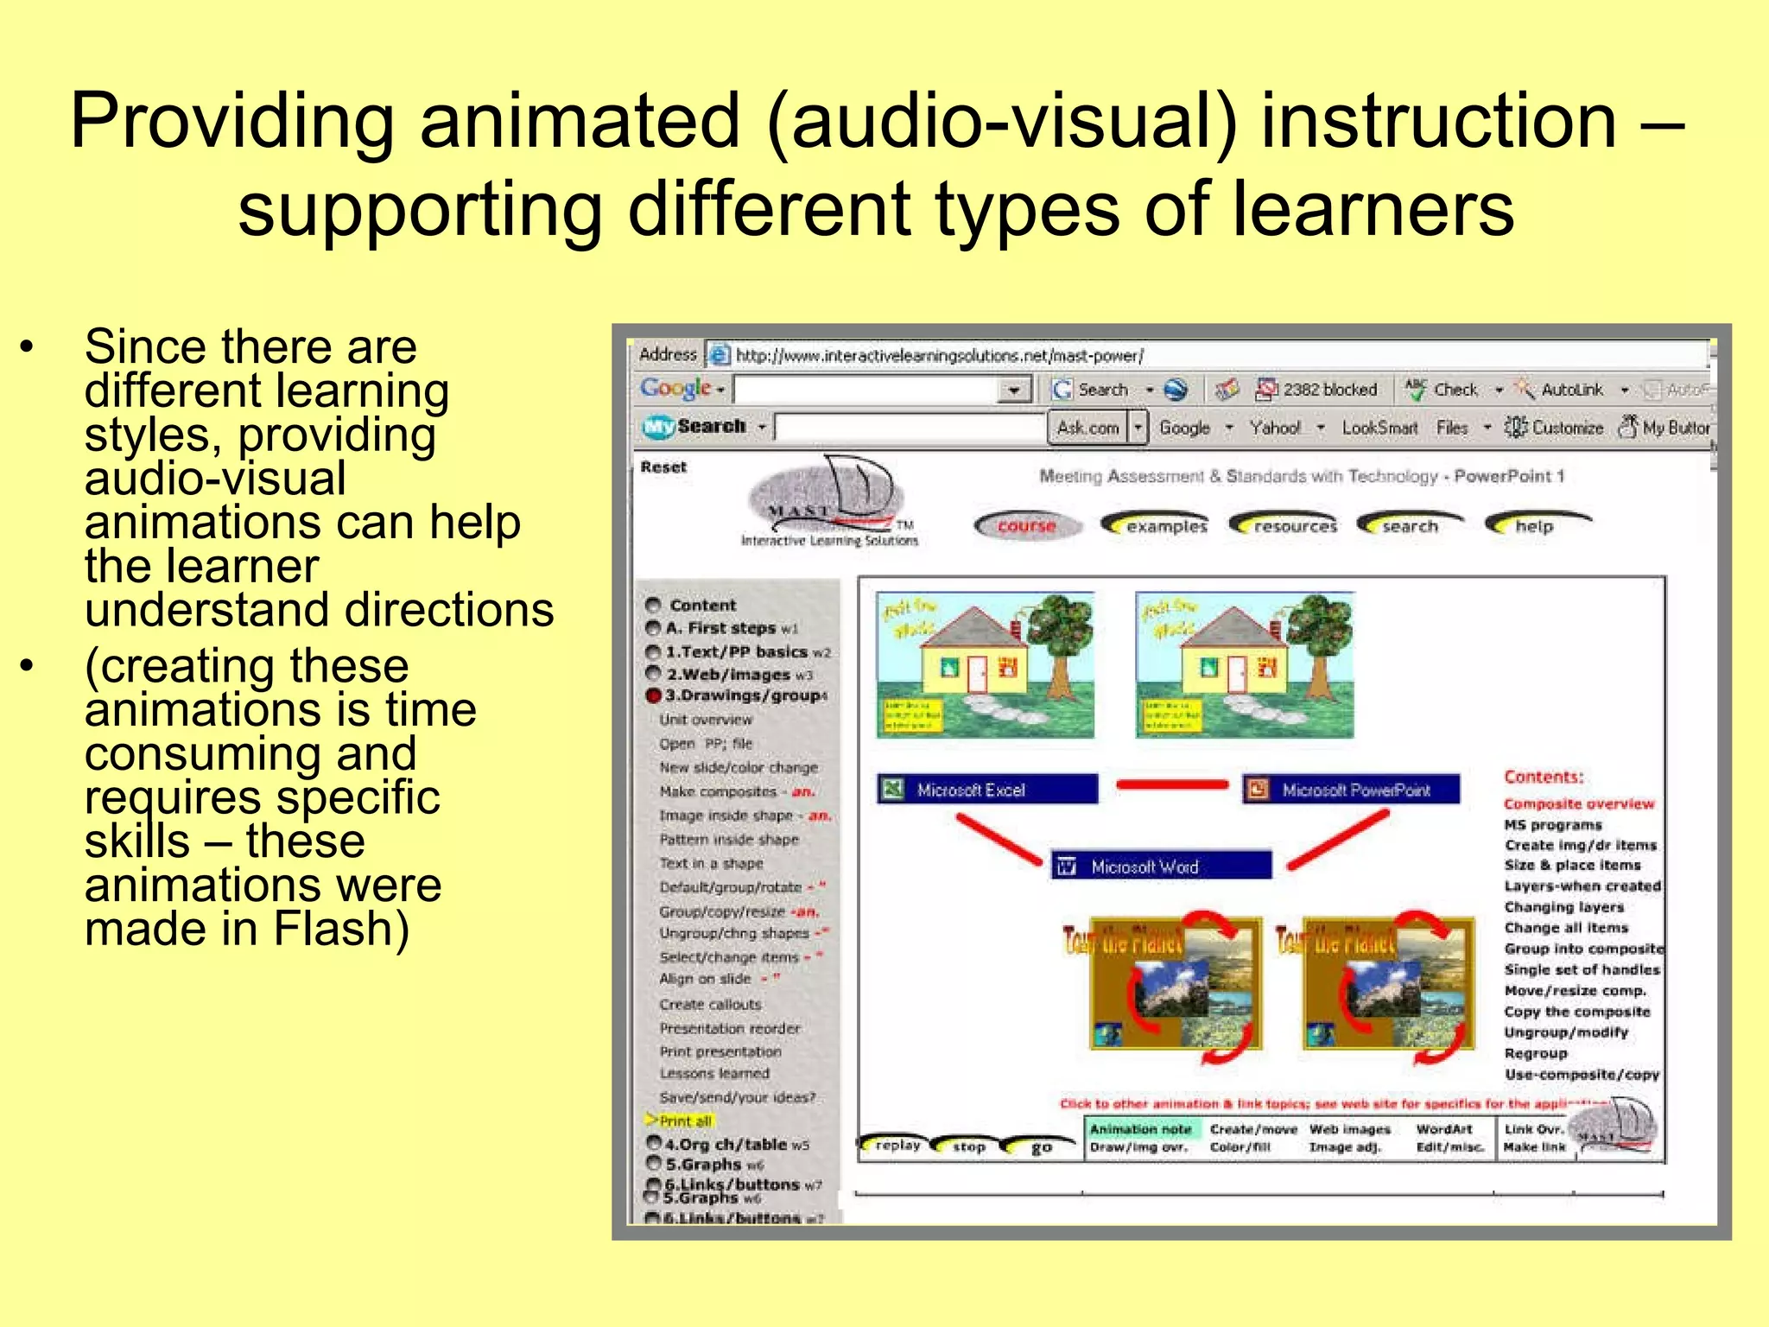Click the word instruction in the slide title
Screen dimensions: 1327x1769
point(1438,121)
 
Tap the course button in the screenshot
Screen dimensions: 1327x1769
point(1026,525)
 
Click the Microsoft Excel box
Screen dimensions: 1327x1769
point(987,790)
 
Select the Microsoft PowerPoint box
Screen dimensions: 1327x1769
point(1352,790)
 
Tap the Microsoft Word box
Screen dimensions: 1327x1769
point(1161,867)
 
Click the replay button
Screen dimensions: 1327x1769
point(896,1146)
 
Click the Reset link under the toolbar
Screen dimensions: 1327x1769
point(663,467)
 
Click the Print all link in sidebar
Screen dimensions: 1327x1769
point(684,1121)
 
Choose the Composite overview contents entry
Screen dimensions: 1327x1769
point(1578,804)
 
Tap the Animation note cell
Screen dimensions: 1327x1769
point(1140,1129)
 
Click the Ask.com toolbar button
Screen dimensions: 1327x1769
point(1087,428)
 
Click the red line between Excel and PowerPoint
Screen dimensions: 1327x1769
point(1171,785)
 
